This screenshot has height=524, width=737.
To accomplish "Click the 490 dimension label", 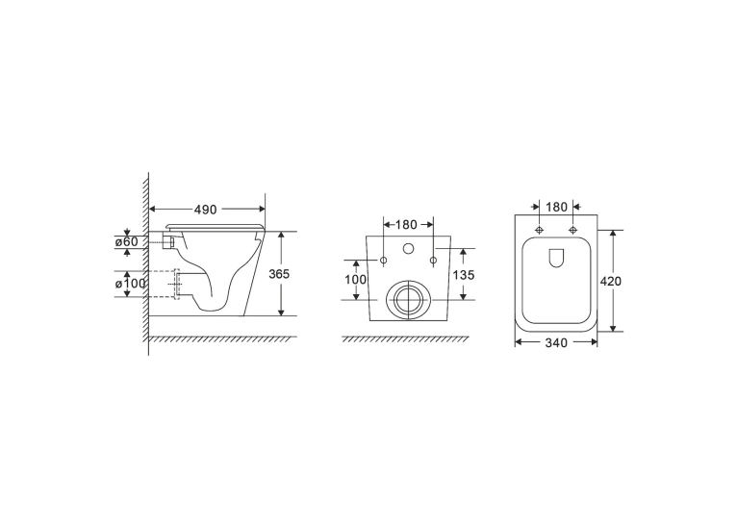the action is (205, 210).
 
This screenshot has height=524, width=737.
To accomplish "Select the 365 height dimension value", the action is (279, 274).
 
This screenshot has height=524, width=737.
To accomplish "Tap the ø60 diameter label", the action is (127, 242).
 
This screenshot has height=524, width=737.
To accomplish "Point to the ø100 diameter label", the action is (130, 284).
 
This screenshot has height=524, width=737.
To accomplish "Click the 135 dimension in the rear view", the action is (464, 275).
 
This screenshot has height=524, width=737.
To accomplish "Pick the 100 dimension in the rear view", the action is (356, 280).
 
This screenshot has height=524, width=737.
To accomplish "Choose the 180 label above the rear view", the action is (406, 225).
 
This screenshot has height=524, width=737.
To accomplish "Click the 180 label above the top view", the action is (556, 207).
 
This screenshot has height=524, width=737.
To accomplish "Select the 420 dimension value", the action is (611, 282).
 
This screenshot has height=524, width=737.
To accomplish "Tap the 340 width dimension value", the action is (556, 343).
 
